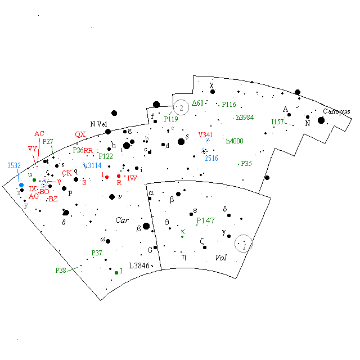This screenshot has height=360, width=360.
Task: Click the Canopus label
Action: click(x=336, y=111)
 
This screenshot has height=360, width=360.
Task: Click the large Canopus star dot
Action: click(x=321, y=120)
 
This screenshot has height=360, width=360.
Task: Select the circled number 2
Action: click(x=181, y=107)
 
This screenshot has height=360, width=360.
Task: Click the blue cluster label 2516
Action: click(x=211, y=159)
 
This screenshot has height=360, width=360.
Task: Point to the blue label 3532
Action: click(x=15, y=165)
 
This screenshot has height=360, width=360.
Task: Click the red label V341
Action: click(x=207, y=135)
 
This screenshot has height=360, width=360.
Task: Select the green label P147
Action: click(x=206, y=221)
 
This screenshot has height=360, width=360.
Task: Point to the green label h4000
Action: click(x=235, y=141)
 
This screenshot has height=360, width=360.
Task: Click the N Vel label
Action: click(x=98, y=124)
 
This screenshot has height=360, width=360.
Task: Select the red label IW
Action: click(x=132, y=178)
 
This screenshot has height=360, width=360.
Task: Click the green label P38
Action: click(x=61, y=271)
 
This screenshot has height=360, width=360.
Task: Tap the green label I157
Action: click(x=277, y=121)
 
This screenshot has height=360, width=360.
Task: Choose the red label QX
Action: click(x=80, y=134)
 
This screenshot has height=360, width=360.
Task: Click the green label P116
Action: click(x=229, y=105)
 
